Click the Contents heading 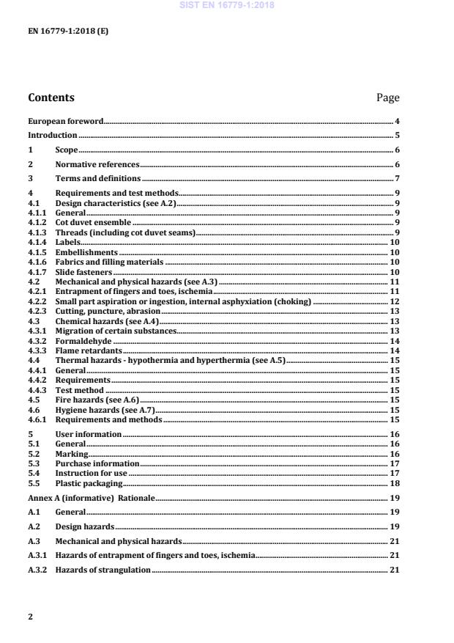(x=51, y=98)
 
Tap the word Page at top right (x=387, y=98)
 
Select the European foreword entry (x=65, y=121)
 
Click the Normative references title (x=97, y=165)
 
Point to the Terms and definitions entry (x=98, y=179)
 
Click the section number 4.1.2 (x=37, y=222)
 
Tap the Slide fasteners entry (x=83, y=272)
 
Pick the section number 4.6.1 (x=37, y=420)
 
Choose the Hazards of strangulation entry (x=103, y=570)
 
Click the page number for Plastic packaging (x=395, y=484)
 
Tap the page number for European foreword (x=397, y=121)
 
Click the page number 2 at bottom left (x=30, y=617)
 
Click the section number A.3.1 (x=37, y=555)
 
